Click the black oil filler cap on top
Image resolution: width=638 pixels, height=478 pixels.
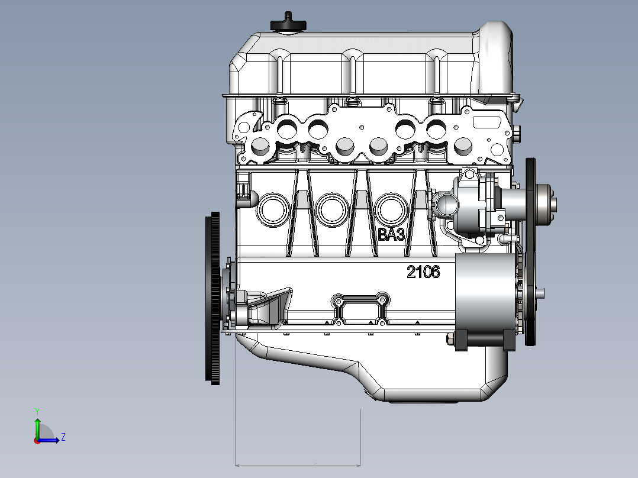[x=288, y=23]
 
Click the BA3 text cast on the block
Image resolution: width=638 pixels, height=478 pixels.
[x=391, y=234]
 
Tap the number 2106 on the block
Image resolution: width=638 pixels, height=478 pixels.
[x=423, y=272]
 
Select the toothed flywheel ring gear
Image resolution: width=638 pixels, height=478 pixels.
[x=212, y=298]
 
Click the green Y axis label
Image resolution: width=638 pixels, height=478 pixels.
[x=37, y=411]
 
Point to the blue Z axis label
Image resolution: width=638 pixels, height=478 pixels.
[x=63, y=437]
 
